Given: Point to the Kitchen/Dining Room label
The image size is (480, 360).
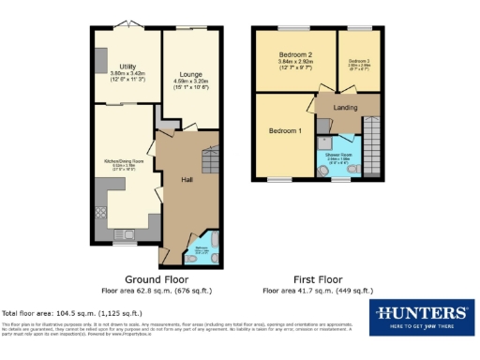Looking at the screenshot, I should (124, 161).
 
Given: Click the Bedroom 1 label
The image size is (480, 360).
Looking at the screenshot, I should (283, 129).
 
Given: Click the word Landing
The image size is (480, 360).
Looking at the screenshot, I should (346, 109).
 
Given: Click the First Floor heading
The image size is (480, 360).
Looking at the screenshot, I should (317, 279).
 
